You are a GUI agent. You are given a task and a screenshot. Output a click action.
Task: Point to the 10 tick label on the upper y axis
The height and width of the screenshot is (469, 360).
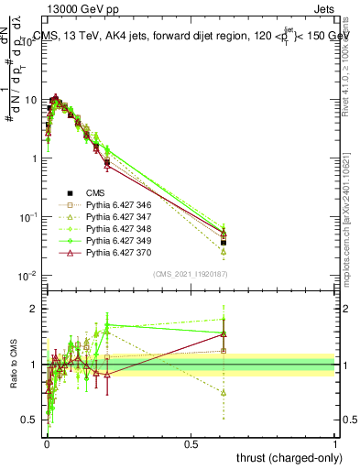click(30, 99)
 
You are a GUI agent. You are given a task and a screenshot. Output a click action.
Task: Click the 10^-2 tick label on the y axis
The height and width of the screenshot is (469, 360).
click(27, 276)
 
